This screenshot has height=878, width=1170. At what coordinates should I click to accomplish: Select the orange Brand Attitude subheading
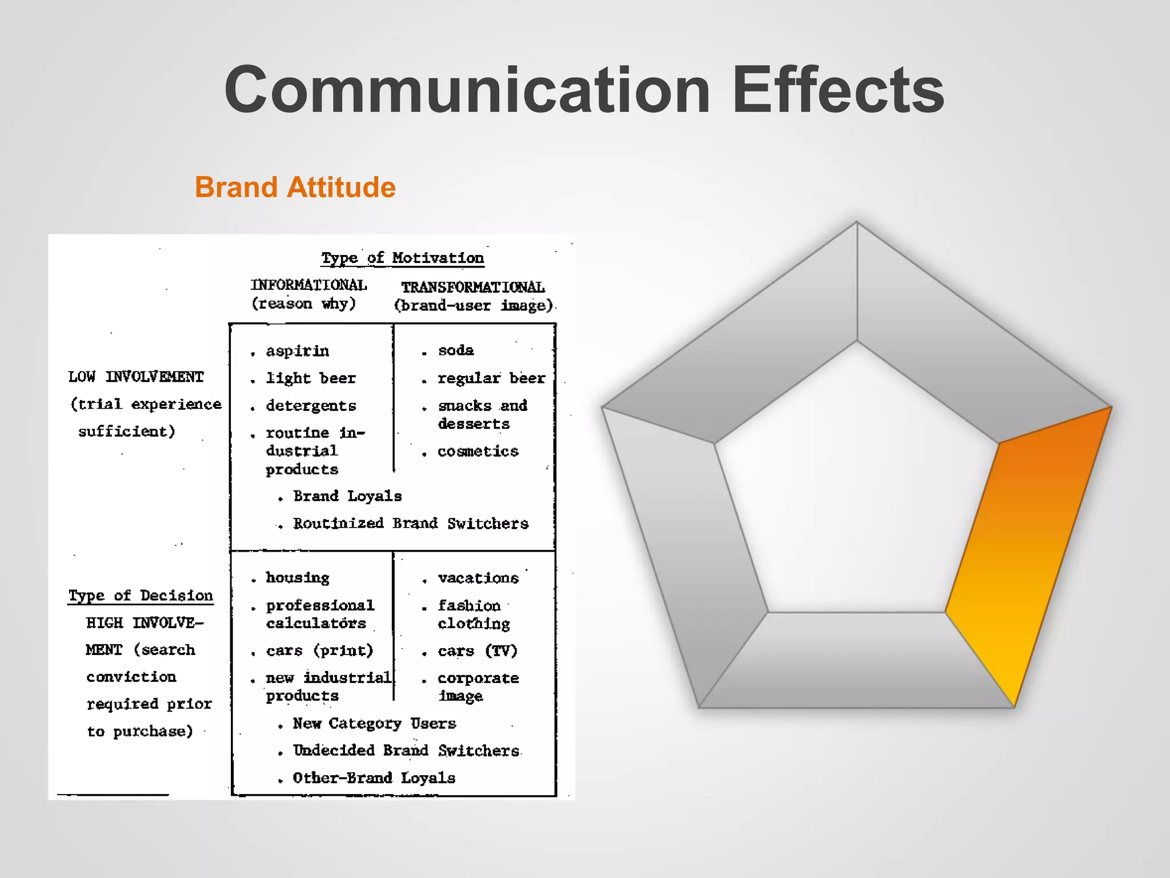[x=295, y=187]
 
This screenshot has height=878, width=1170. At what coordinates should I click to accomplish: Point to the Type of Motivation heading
[x=402, y=258]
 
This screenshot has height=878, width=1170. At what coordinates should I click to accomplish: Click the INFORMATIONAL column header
[x=308, y=285]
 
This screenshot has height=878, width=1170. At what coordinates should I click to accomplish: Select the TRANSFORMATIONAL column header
[x=473, y=287]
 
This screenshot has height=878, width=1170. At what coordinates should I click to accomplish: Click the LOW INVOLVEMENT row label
[x=136, y=377]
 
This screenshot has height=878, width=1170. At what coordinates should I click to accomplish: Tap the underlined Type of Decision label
[x=141, y=596]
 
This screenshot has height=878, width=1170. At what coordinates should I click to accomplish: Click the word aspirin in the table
[x=297, y=351]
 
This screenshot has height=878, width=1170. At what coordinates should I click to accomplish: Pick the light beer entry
[x=311, y=378]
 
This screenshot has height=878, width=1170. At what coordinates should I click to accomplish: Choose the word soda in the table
[x=456, y=350]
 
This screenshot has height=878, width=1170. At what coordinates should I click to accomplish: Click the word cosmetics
[x=478, y=452]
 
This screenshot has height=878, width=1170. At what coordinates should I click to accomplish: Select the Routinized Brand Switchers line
[x=410, y=524]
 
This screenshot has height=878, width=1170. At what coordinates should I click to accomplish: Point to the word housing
[x=297, y=578]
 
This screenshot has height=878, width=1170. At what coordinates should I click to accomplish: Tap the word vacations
[x=478, y=578]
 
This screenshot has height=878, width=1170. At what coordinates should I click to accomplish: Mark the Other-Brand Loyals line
[x=374, y=778]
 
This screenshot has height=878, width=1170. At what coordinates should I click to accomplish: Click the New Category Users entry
[x=374, y=724]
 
